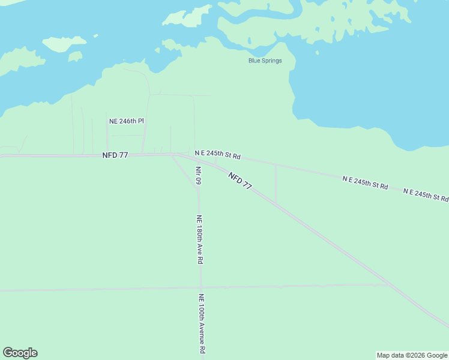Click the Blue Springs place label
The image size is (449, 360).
(x=265, y=61)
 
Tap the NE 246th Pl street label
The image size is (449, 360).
(x=127, y=121)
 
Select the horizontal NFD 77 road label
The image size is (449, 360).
(x=115, y=155)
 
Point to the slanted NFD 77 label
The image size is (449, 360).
(x=240, y=181)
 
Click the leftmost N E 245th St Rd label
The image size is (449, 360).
(x=218, y=155)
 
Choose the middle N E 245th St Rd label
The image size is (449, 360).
(x=365, y=183)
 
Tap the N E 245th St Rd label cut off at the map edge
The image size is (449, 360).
(x=426, y=195)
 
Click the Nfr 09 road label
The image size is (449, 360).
(x=198, y=175)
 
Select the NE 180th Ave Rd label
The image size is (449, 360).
(x=200, y=240)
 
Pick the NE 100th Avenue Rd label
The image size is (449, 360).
(x=202, y=323)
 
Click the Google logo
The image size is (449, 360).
(x=20, y=353)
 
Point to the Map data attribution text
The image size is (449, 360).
(x=411, y=355)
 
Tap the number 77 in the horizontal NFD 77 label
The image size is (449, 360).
(x=123, y=155)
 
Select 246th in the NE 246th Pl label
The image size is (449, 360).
(x=127, y=121)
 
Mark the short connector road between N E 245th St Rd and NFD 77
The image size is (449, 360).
(x=276, y=184)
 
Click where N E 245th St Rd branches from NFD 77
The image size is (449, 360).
(x=180, y=154)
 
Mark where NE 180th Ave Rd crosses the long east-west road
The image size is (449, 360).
(x=200, y=288)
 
